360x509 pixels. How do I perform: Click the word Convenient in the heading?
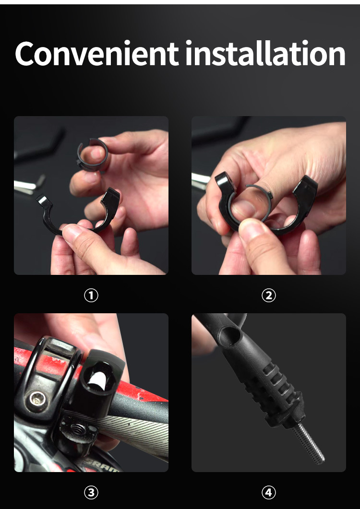tap(97, 54)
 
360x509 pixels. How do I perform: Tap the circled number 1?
tap(91, 296)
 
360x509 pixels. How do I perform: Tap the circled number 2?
tap(268, 296)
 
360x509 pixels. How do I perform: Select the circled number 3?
tap(91, 493)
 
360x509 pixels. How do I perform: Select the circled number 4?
tap(268, 493)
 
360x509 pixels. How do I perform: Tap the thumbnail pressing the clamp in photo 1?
tap(72, 231)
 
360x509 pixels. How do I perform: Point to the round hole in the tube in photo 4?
tap(230, 335)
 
